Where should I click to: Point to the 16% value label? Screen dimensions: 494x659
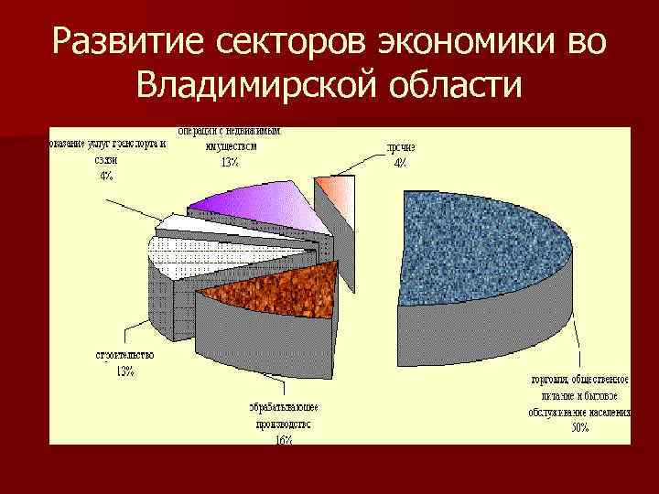283,439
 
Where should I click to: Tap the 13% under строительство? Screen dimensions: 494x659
124,370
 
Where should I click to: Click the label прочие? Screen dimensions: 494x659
399,147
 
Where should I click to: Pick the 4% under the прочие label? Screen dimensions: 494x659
399,163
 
